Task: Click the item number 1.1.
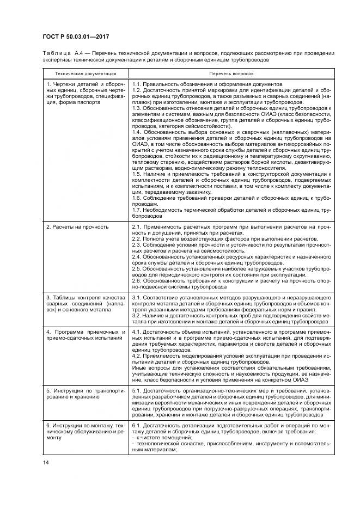[137, 84]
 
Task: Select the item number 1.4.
[137, 131]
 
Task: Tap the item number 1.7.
[137, 210]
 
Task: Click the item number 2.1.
[137, 226]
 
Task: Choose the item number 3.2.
[137, 315]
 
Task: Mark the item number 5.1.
[137, 391]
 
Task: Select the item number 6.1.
[137, 425]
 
